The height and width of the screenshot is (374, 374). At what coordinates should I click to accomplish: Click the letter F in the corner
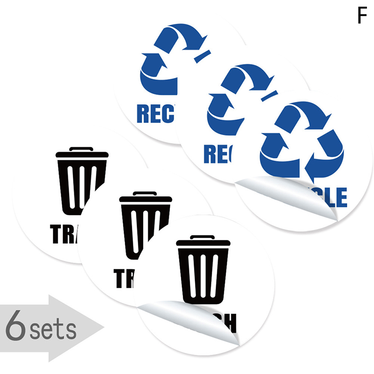(x=361, y=16)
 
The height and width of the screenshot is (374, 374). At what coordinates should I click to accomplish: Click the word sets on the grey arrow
(x=52, y=331)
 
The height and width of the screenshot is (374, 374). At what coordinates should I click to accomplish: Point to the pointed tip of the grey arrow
(x=102, y=328)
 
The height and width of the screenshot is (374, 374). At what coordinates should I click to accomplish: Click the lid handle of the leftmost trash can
(x=81, y=149)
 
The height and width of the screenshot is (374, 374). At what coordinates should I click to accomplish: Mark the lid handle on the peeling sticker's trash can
(x=202, y=237)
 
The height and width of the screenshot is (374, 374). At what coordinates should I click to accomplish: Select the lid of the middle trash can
(x=145, y=199)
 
